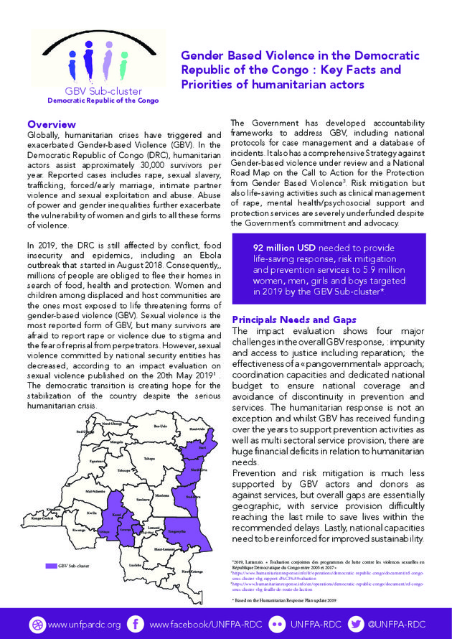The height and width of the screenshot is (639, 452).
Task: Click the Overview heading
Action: click(x=51, y=125)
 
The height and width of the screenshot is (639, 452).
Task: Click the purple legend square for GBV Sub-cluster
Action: click(x=50, y=566)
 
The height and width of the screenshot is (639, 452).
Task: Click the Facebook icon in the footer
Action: click(x=136, y=624)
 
